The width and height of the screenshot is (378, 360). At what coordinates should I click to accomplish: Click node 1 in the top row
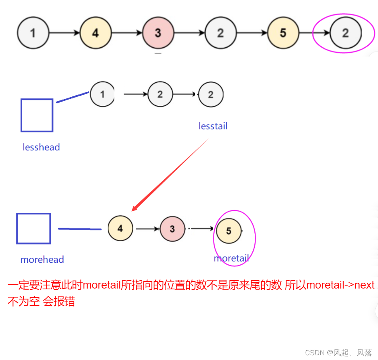33,33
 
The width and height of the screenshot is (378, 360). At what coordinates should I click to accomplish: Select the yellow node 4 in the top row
96,33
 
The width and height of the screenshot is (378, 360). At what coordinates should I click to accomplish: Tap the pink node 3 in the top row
158,33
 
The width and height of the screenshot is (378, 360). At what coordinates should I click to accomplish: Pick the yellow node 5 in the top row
283,33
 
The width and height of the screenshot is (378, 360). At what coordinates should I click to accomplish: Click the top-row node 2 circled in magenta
345,33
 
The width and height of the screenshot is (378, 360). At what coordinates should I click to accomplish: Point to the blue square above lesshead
37,116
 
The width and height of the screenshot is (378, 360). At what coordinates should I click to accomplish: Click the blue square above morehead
34,228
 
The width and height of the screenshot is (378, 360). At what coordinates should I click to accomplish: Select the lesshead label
41,147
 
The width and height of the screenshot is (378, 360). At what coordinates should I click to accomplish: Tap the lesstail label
213,126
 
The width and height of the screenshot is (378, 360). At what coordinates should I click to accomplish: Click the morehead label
42,260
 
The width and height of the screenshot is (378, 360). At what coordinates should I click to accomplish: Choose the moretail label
231,258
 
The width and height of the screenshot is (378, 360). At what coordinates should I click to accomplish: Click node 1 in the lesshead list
102,94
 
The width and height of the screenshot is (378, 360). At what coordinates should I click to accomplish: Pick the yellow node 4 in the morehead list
120,228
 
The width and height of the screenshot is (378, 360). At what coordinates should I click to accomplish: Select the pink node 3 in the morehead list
172,229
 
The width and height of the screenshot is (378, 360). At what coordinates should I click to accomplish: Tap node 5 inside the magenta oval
229,231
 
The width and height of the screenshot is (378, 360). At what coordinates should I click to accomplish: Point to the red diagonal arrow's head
134,209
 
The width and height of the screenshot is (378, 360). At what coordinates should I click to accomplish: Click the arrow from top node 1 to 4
64,33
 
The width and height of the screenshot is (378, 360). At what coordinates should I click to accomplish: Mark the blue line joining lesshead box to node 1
73,97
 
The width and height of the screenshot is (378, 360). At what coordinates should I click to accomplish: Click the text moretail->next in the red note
341,285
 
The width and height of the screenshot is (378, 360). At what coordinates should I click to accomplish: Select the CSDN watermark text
338,353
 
